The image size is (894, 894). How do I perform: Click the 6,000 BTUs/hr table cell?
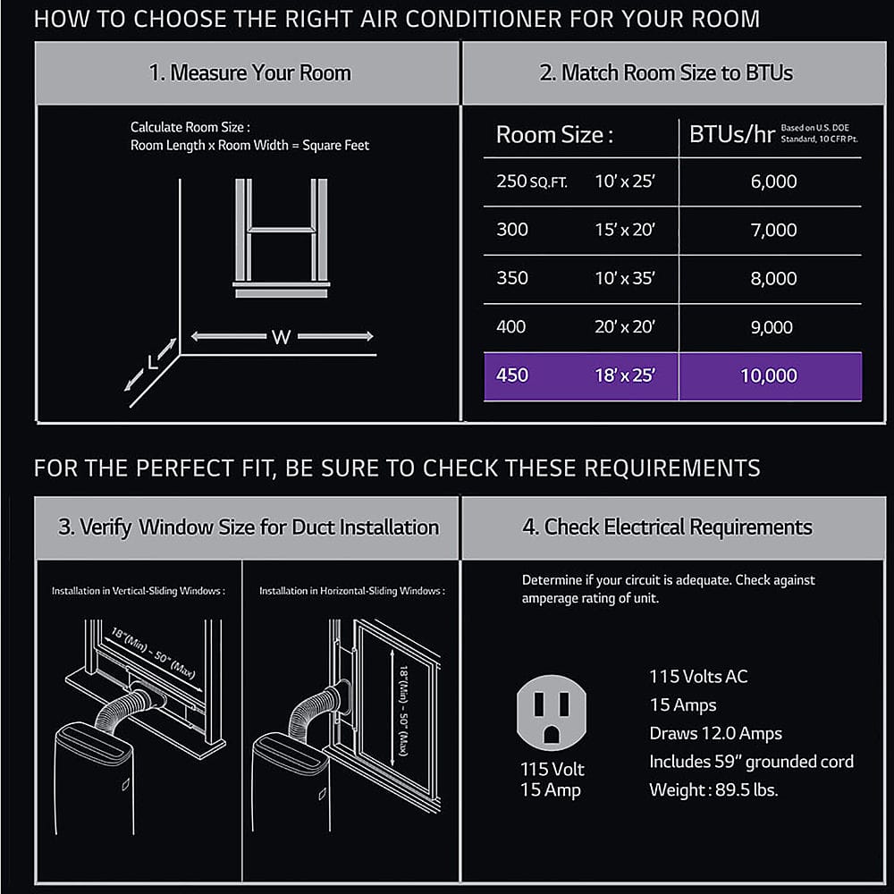coord(773,181)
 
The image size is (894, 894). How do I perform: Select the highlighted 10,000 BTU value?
coord(768,375)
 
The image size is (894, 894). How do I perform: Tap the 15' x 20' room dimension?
coord(625,230)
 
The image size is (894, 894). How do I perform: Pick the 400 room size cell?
coord(511,327)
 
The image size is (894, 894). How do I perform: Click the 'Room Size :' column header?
coord(554,135)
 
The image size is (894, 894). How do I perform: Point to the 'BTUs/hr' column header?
coord(731,135)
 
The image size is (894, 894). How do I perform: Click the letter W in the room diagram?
coord(282,337)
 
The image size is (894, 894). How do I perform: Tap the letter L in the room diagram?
coord(153,362)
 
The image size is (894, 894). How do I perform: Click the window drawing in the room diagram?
coord(282,237)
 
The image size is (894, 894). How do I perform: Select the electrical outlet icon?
coord(552,712)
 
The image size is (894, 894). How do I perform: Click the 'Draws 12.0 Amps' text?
coord(715,733)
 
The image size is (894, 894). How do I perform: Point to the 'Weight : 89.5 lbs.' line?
coord(713,790)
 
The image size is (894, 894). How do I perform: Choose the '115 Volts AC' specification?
coord(698,676)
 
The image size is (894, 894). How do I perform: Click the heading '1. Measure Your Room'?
coord(249,72)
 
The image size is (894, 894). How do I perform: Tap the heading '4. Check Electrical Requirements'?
coord(667,527)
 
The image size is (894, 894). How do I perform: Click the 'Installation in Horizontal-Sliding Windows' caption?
coord(351,591)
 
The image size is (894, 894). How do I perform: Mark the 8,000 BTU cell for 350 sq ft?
coord(773,278)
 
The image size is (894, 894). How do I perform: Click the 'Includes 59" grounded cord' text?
coord(751,762)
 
